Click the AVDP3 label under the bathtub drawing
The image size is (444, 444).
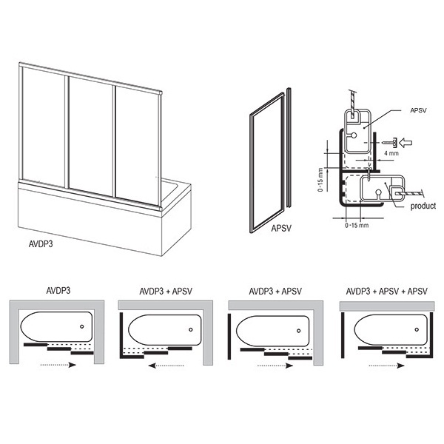41,244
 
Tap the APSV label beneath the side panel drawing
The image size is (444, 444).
281,229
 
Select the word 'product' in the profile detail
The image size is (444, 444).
423,206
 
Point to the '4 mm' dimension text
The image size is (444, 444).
391,153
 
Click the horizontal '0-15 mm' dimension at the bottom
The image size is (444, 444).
357,226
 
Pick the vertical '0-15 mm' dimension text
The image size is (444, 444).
320,180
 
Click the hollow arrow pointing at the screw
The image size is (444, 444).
406,143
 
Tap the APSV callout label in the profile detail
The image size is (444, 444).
418,110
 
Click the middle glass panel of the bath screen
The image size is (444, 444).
91,136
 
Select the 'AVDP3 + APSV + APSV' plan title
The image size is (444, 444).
386,291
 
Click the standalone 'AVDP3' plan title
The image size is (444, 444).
58,291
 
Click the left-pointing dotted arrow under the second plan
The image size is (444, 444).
166,366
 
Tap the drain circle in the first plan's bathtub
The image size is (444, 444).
82,326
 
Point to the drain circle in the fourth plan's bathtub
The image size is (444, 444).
417,329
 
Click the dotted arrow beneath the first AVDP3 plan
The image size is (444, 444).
58,365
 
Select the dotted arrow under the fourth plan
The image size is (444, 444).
386,366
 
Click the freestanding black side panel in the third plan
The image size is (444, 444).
229,337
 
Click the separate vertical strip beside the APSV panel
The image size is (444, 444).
289,147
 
